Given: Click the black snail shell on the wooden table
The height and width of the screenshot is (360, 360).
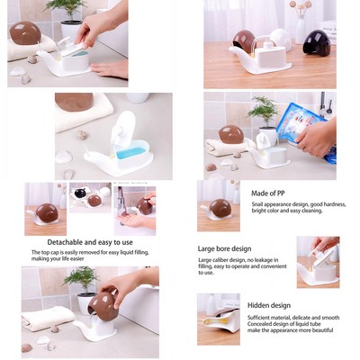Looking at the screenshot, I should click(x=316, y=41).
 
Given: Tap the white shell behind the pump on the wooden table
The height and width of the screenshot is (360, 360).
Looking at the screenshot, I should click(x=279, y=38).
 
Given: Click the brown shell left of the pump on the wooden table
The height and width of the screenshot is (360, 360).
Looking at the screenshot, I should click(x=244, y=40).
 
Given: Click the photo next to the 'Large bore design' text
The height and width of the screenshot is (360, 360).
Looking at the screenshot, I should click(x=317, y=262).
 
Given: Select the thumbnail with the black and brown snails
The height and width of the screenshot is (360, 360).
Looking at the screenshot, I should click(x=89, y=199).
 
